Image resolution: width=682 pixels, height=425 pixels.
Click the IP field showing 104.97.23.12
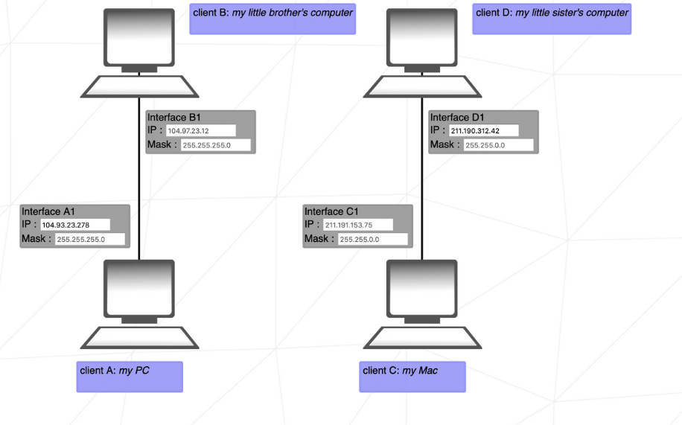click(x=200, y=131)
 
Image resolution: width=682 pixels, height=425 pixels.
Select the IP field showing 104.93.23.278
click(x=75, y=225)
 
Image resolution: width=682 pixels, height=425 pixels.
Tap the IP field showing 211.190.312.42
click(x=483, y=131)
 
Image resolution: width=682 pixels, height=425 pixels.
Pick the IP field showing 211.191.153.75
click(x=358, y=225)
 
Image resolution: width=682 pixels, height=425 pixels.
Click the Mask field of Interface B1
click(x=215, y=145)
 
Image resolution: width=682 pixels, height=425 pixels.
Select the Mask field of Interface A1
click(x=90, y=240)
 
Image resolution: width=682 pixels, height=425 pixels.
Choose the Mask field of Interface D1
click(x=498, y=145)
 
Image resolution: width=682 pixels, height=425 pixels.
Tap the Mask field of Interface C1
click(x=373, y=240)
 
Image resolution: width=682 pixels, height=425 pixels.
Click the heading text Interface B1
click(x=174, y=118)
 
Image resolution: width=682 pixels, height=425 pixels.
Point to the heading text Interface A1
click(x=48, y=212)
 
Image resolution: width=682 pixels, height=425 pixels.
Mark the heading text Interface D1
click(x=457, y=118)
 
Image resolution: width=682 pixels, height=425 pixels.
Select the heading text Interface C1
click(x=331, y=212)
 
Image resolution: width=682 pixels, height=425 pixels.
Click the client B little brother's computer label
click(x=273, y=19)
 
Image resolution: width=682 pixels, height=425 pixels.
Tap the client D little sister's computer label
click(x=552, y=19)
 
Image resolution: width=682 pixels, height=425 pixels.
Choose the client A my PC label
click(x=130, y=376)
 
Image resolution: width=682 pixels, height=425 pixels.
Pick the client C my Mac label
click(x=412, y=376)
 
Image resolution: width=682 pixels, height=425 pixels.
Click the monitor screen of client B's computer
click(x=139, y=37)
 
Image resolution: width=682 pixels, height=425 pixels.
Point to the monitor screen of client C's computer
click(x=422, y=288)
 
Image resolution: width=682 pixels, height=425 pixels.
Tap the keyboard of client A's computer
click(x=139, y=337)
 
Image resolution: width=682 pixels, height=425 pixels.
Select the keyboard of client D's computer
click(x=422, y=86)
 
